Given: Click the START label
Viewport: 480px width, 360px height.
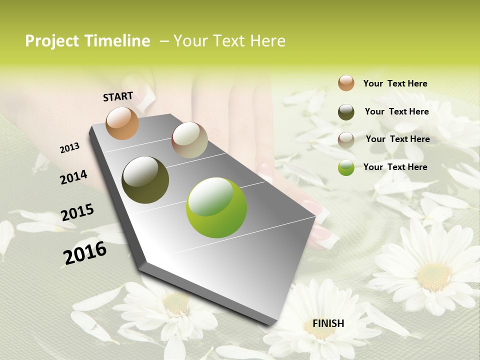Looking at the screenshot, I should [x=118, y=96].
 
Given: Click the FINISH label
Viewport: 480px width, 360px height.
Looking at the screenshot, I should [x=328, y=323].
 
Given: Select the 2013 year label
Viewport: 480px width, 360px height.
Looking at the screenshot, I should [x=70, y=147].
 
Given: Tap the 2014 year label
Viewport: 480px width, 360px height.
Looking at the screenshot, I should [x=74, y=177].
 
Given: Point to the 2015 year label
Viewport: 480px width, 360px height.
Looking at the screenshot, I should [x=77, y=212].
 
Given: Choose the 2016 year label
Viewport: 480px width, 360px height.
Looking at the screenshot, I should [x=85, y=252].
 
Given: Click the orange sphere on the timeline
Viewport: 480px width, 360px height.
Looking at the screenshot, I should [x=122, y=123].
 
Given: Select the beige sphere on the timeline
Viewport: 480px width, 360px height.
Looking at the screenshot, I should [x=189, y=140].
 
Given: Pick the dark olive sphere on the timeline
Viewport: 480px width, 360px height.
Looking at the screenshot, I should [x=145, y=180].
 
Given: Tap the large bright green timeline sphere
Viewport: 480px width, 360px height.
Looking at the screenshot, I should [x=216, y=207].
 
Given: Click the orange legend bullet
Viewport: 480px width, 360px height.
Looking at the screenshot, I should [x=346, y=83].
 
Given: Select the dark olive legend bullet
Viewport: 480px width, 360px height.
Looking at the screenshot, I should [x=346, y=112].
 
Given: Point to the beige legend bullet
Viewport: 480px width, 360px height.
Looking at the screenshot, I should [x=346, y=139].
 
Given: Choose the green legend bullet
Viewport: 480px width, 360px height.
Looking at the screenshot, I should [x=346, y=167].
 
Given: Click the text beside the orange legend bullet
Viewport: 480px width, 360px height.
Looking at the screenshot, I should [x=395, y=83].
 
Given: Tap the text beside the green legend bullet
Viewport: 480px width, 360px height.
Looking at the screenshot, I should [x=395, y=167].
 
